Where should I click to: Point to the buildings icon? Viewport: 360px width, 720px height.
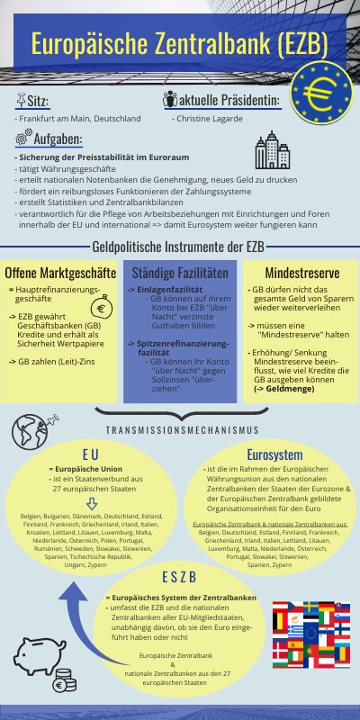tap(268, 148)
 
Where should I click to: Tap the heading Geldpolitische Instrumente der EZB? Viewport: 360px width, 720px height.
tap(179, 247)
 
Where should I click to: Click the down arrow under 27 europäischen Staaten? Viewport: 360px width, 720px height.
tap(92, 501)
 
